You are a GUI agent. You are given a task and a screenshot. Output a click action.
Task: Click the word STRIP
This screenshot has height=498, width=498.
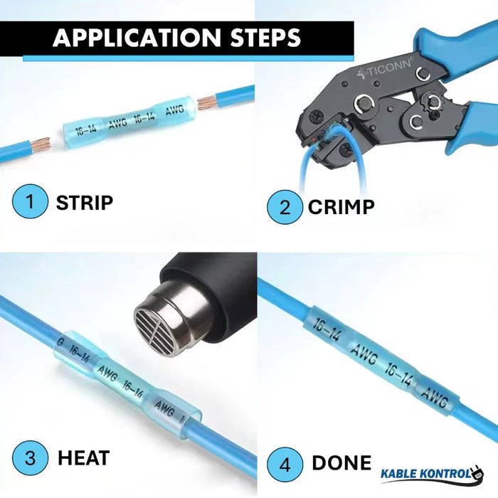pos(85,202)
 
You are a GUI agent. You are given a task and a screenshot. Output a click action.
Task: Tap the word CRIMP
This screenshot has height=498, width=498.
pos(341,207)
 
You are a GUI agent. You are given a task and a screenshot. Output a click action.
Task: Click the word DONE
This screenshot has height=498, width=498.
pos(341,464)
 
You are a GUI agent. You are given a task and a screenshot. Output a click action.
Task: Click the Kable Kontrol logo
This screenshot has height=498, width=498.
pos(431,473)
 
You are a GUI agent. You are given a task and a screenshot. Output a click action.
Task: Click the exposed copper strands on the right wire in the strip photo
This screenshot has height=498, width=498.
pos(211,98)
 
